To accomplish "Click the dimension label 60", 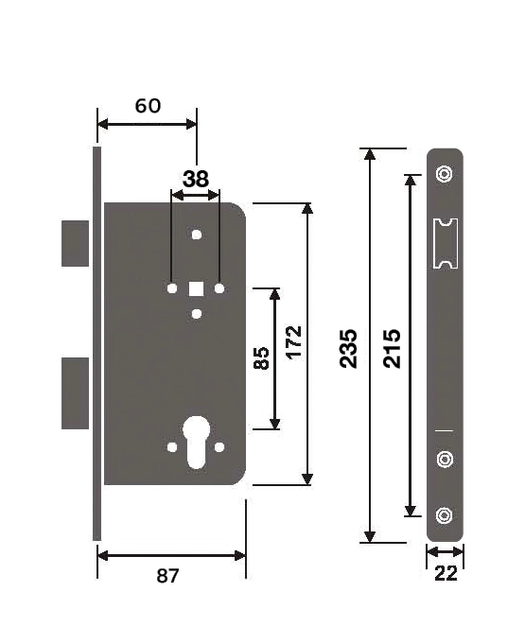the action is (148, 106).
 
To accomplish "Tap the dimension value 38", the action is (196, 180).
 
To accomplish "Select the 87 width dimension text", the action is (167, 576).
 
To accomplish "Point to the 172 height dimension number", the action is (294, 343).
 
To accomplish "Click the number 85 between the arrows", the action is (262, 358).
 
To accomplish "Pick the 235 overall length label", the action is (348, 348).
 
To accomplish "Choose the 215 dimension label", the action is (392, 348).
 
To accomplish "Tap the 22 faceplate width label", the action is (446, 573).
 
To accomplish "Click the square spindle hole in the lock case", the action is (197, 288).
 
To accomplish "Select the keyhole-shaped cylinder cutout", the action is (197, 442).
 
